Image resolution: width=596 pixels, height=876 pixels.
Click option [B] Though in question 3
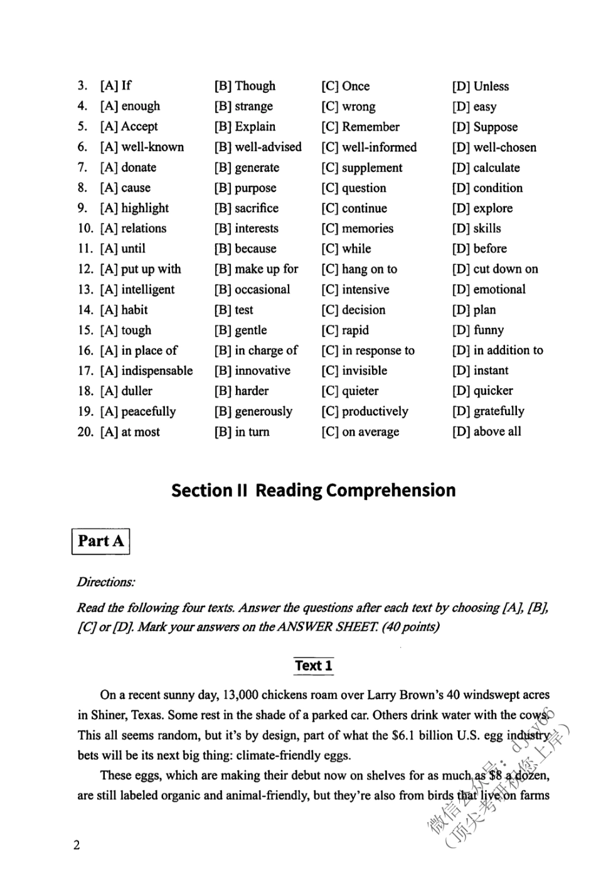tap(245, 86)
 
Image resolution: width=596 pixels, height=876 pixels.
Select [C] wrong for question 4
tap(348, 107)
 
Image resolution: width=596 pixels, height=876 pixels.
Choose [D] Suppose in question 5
tap(485, 127)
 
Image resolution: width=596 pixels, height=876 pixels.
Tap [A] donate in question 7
tap(128, 168)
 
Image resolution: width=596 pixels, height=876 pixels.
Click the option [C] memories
tap(358, 229)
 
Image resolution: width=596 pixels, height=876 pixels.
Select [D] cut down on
tap(495, 269)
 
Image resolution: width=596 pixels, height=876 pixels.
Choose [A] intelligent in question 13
tap(137, 289)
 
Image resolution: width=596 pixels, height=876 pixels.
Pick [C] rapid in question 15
tap(345, 330)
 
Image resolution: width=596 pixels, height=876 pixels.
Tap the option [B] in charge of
tap(256, 350)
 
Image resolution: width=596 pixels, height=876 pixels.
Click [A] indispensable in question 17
tap(146, 371)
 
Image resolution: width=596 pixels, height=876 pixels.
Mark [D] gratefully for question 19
tap(488, 411)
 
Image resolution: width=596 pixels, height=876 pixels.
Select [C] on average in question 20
tap(360, 432)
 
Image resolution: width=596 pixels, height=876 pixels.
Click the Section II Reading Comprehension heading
tap(314, 490)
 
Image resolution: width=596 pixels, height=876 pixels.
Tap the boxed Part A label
tap(101, 541)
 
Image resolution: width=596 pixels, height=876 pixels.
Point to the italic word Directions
tap(105, 582)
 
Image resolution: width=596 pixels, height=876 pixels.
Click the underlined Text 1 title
tap(314, 666)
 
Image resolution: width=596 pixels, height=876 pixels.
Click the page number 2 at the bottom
tap(77, 845)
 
